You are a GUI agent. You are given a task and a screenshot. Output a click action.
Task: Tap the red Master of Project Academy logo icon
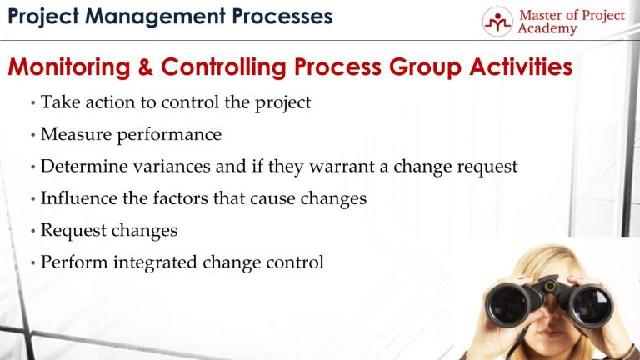point(497,21)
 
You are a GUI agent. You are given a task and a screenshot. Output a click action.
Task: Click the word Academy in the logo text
point(547,29)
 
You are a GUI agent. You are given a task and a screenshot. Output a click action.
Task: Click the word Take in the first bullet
point(57,102)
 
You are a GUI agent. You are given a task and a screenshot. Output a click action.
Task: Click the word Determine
point(82,166)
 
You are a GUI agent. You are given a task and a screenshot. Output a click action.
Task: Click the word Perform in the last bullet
point(72,262)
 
